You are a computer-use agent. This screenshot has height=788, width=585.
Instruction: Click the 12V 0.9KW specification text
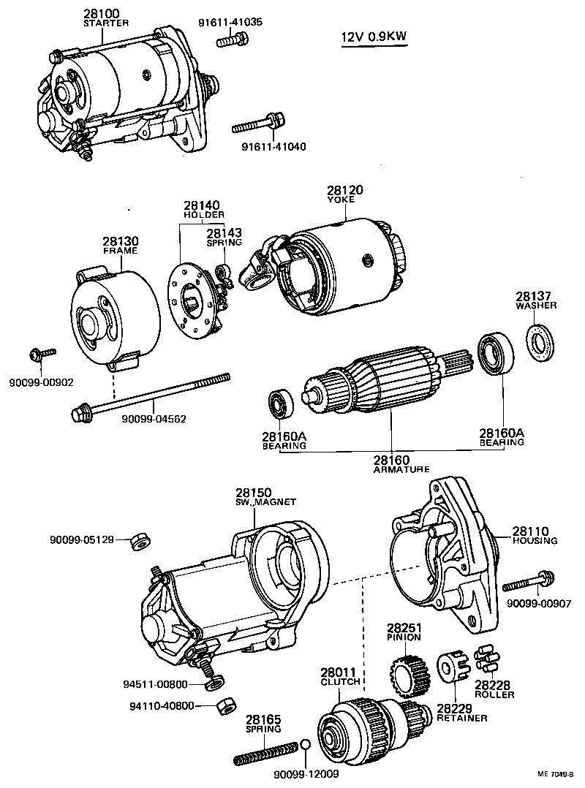pyautogui.click(x=377, y=37)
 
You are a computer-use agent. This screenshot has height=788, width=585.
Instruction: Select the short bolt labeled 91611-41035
pyautogui.click(x=228, y=40)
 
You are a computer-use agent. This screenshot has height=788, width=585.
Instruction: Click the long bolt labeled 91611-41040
pyautogui.click(x=260, y=124)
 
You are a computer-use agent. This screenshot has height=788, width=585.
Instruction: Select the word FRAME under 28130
pyautogui.click(x=120, y=250)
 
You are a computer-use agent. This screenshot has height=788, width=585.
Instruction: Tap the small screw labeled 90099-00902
pyautogui.click(x=42, y=355)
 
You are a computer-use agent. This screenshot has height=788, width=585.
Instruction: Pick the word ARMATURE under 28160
pyautogui.click(x=401, y=469)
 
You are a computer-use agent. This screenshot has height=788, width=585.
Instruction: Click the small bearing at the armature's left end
pyautogui.click(x=279, y=404)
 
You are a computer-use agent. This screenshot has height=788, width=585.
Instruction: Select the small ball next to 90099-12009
pyautogui.click(x=306, y=746)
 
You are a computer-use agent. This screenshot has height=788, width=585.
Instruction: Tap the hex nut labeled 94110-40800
pyautogui.click(x=225, y=707)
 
